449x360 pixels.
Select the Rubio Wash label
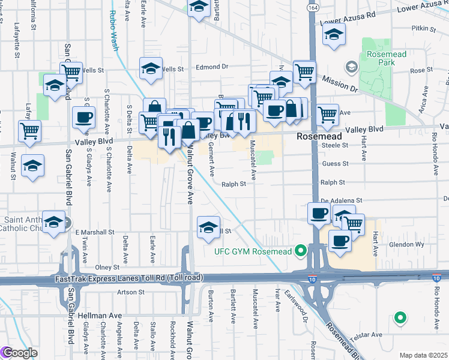click(114, 31)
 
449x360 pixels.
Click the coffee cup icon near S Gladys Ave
click(83, 117)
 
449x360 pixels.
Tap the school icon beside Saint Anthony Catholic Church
click(54, 223)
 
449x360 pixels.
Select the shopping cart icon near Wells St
click(71, 73)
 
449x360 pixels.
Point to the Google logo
click(19, 353)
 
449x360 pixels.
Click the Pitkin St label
click(423, 28)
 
